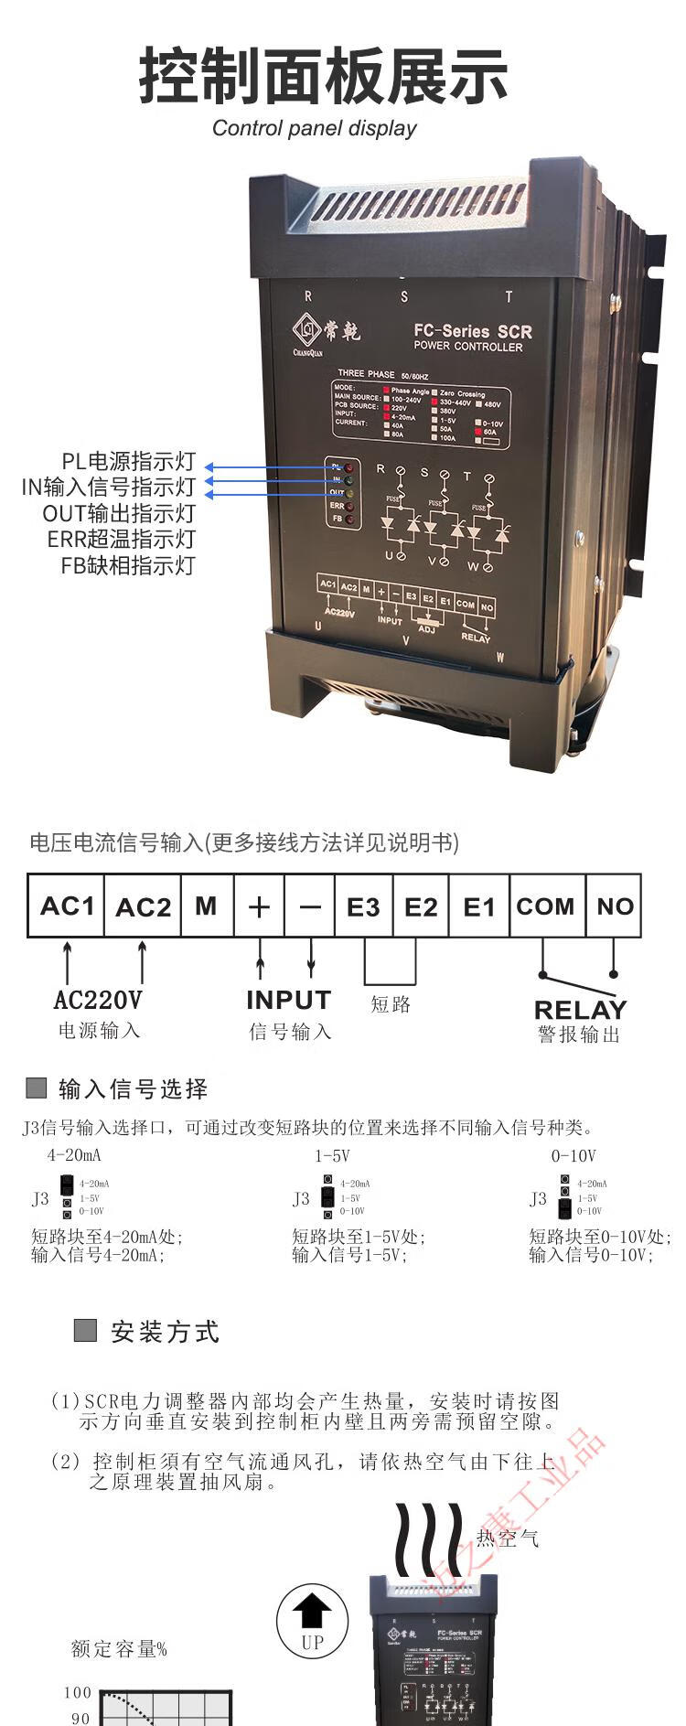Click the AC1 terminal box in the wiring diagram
click(67, 906)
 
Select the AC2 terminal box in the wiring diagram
click(143, 906)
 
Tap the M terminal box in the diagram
click(207, 906)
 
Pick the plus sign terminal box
click(259, 906)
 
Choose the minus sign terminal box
click(310, 906)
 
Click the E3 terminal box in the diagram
click(363, 906)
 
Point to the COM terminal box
click(545, 906)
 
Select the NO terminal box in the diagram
click(614, 906)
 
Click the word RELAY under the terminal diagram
click(580, 1009)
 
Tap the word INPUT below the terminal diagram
click(288, 1000)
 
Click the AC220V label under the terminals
click(98, 1000)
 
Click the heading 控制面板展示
click(323, 77)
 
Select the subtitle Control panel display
click(314, 128)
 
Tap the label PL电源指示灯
click(128, 462)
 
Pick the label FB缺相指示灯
click(128, 565)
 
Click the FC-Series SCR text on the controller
click(472, 331)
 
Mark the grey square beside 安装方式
click(85, 1330)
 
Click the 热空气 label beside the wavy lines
click(507, 1538)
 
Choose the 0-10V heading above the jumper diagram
click(573, 1156)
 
